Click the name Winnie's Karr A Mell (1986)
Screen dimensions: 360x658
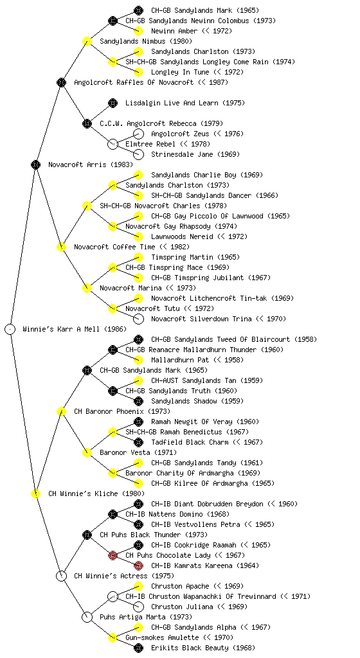(75, 329)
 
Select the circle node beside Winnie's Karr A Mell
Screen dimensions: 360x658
(10, 329)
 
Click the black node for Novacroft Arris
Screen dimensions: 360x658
(35, 164)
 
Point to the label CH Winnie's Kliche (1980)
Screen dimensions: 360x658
(96, 493)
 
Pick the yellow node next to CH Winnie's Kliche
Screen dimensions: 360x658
(35, 493)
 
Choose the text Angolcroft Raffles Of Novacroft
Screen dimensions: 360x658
(134, 82)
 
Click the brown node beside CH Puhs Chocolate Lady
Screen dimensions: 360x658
(113, 555)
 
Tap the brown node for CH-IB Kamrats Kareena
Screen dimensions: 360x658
(138, 565)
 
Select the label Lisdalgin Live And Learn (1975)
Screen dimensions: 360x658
(185, 103)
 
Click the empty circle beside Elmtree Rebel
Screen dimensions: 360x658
(113, 144)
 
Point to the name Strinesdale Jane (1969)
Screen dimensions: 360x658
(195, 154)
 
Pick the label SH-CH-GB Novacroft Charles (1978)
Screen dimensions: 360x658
(163, 206)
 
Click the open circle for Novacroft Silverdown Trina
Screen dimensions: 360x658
(138, 319)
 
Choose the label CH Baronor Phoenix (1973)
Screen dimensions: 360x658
(122, 411)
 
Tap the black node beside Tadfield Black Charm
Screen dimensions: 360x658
(138, 442)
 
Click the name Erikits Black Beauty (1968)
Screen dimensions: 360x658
(203, 648)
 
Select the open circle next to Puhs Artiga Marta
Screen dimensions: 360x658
(87, 617)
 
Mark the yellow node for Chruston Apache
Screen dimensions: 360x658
(138, 586)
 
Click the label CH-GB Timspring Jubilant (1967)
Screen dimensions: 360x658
(211, 278)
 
